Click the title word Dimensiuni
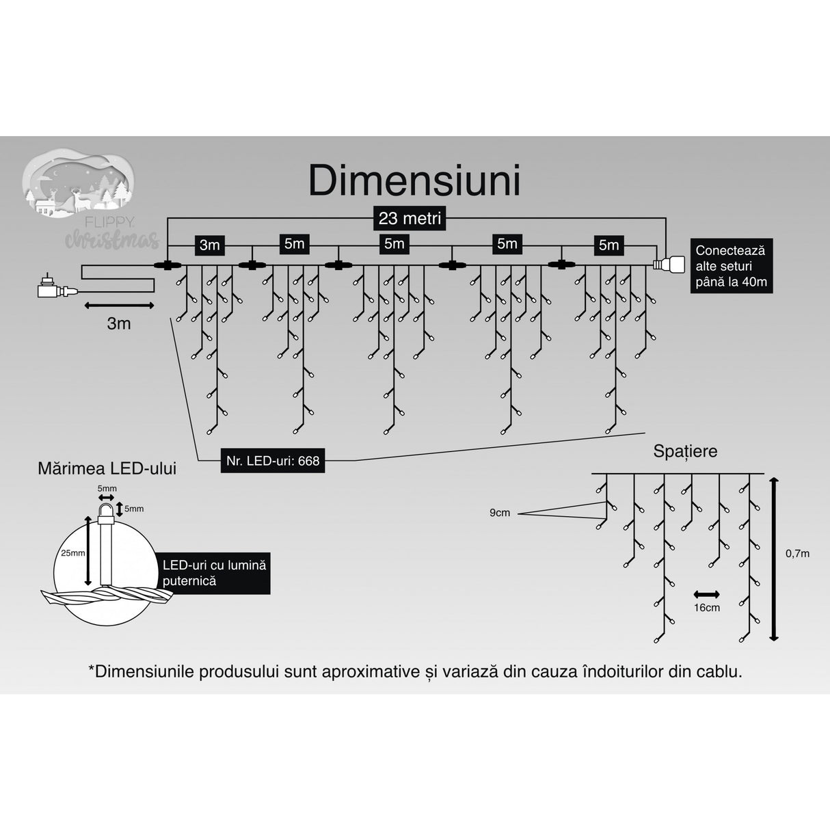[x=414, y=181]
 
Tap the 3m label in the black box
[x=209, y=245]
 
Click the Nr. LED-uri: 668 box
[x=273, y=461]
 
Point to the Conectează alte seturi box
[x=730, y=267]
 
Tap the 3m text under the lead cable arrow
[x=118, y=323]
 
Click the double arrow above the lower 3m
[x=118, y=305]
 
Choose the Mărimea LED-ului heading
[x=107, y=468]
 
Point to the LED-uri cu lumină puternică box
[x=213, y=573]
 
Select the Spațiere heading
[x=685, y=451]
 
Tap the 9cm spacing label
[x=500, y=513]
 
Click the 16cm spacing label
[x=707, y=608]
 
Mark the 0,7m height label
[x=796, y=553]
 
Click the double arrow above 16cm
[x=707, y=593]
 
